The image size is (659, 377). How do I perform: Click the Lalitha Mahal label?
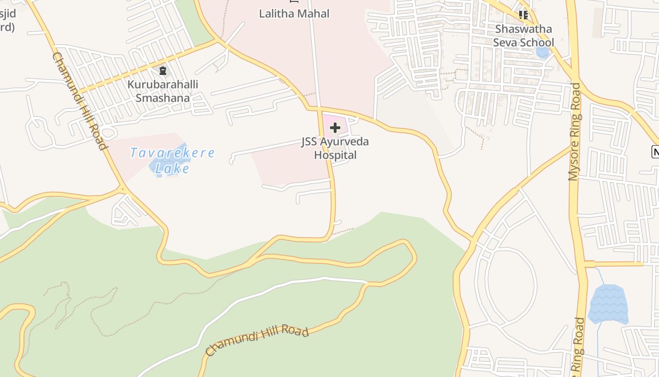[294, 14]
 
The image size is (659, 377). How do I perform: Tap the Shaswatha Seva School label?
[523, 36]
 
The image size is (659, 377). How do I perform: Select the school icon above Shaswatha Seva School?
[523, 15]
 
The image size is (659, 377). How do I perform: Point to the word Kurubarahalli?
[163, 85]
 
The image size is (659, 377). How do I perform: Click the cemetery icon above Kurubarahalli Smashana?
[163, 71]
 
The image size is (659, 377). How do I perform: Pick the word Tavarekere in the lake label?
[172, 153]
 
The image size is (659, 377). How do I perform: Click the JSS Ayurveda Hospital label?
[335, 148]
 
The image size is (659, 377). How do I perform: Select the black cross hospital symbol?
[335, 128]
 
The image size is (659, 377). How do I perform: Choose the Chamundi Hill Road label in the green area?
[257, 341]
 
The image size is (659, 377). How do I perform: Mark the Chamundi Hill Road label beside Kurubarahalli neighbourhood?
[78, 101]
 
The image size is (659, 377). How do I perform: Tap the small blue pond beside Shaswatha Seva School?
[543, 52]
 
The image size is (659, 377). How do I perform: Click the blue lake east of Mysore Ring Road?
[608, 304]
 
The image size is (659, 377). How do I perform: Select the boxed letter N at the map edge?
[655, 152]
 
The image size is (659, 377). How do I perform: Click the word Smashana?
[163, 98]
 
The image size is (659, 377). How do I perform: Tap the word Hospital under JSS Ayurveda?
[335, 155]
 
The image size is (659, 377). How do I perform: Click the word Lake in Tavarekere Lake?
[172, 169]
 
